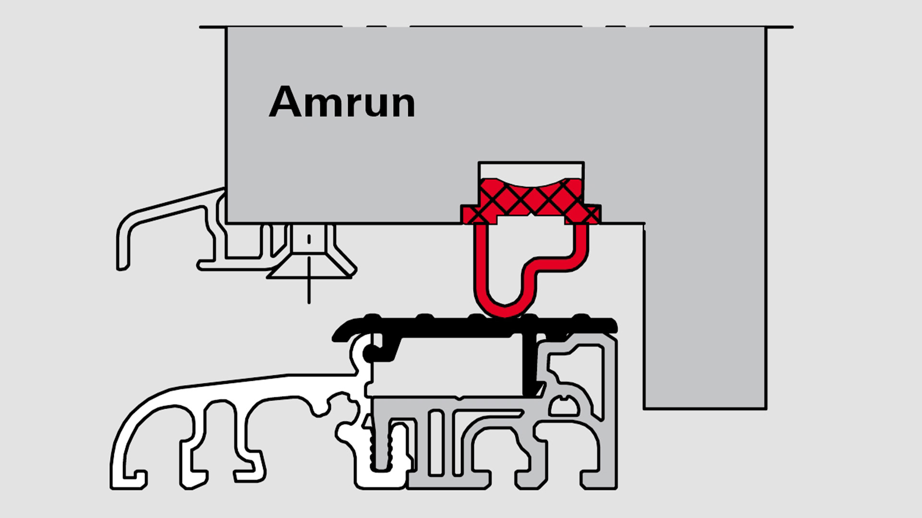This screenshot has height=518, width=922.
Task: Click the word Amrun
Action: tap(342, 102)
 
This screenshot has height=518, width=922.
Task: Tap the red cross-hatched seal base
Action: tap(530, 201)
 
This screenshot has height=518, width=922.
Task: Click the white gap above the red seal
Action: tap(531, 170)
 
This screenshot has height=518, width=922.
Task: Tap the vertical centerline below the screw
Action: tap(309, 290)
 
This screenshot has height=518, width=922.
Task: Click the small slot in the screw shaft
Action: tap(309, 239)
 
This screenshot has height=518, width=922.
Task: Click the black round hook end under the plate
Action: tap(370, 354)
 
